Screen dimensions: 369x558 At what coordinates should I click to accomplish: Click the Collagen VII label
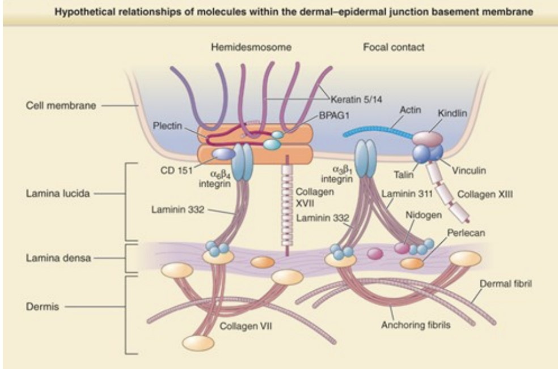point(243,325)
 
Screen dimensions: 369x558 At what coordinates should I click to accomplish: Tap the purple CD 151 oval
point(223,154)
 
